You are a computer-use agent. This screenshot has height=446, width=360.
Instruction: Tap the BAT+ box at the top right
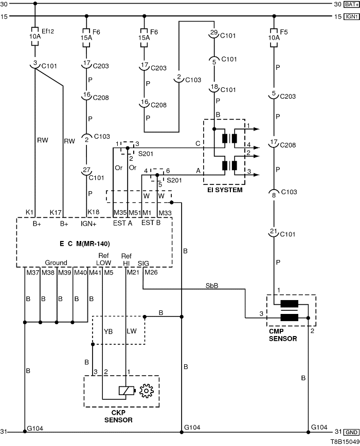(351, 4)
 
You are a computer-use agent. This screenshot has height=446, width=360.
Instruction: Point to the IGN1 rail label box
(351, 16)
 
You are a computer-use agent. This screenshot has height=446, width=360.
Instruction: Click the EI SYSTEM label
(225, 190)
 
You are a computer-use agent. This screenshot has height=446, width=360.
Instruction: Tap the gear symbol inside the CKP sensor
(147, 392)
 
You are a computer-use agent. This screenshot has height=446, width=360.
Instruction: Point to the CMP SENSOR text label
(282, 335)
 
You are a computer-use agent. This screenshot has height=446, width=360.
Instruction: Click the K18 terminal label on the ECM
(93, 212)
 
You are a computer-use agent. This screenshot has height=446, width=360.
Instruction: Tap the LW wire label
(132, 331)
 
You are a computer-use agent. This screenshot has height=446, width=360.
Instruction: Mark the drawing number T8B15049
(344, 441)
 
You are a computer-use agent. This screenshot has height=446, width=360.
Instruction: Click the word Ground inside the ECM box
(56, 263)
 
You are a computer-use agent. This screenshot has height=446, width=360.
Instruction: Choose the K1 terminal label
(29, 212)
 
